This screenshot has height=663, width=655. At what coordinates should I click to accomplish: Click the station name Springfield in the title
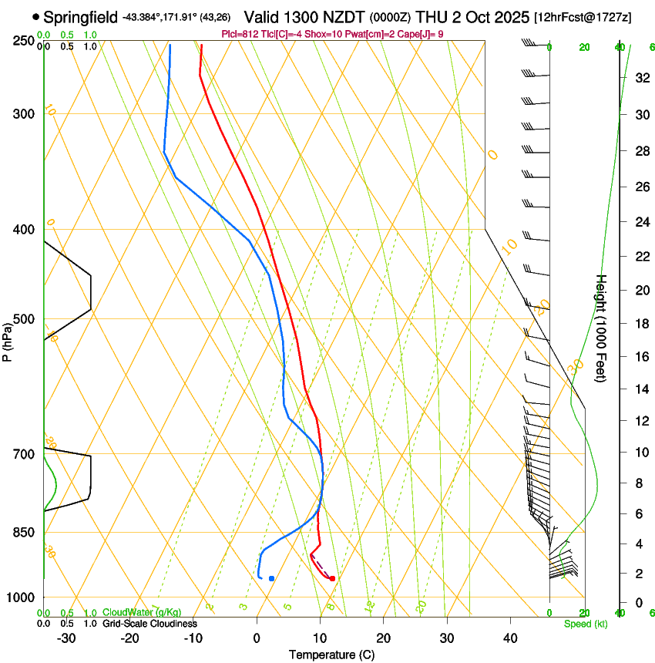coord(81,16)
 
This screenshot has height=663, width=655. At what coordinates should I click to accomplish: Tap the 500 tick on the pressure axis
coord(24,319)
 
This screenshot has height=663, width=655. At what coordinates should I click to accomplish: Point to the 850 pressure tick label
coord(24,533)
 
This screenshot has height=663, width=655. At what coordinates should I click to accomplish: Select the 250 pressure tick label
coord(24,41)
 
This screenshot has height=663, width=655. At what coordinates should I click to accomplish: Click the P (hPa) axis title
coord(8,341)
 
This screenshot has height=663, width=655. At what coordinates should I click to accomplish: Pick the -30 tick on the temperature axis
coord(66,638)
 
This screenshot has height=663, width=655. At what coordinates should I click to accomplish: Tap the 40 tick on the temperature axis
coord(510,638)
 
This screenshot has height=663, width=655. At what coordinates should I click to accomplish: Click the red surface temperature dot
coord(332,578)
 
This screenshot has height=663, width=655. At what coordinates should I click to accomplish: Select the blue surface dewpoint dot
coord(271,578)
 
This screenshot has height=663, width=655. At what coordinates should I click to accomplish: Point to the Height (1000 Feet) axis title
coord(601,328)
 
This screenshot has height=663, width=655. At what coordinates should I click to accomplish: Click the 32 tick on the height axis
coord(641,78)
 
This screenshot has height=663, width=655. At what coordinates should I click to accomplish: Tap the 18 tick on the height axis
coord(641,324)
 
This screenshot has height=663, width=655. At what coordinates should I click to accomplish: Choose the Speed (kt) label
coord(585,624)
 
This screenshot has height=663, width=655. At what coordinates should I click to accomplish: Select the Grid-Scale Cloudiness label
coord(149,624)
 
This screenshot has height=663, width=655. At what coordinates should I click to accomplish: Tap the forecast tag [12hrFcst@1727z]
coord(582,16)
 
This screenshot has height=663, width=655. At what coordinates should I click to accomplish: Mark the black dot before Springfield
coord(35,16)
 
